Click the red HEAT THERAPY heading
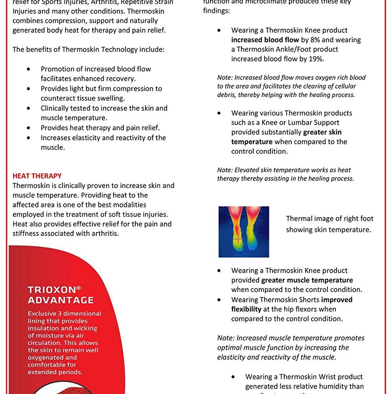pos(37,176)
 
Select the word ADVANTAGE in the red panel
pos(61,300)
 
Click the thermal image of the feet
pos(244,232)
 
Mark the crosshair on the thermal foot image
pos(238,239)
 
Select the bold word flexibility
pos(246,309)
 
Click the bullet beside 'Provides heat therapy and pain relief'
pos(28,128)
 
